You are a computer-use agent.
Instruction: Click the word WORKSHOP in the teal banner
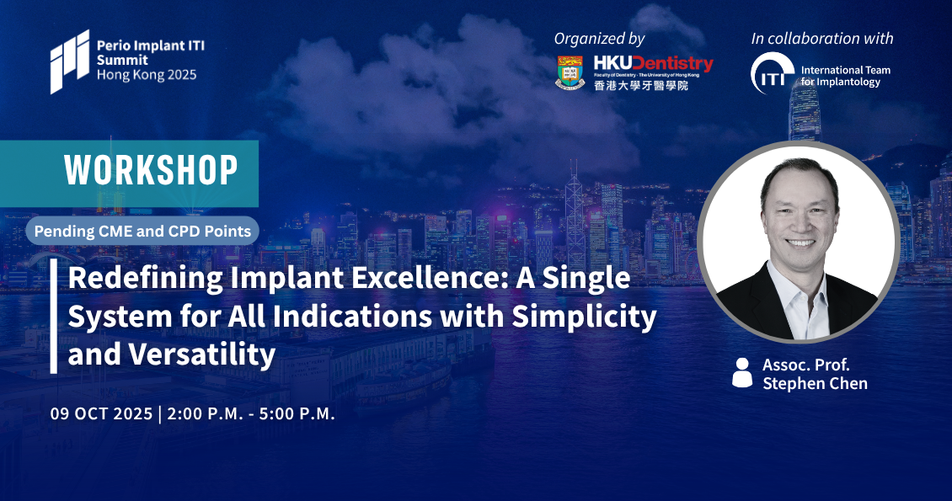151,170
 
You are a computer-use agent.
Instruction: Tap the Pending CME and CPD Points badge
142,231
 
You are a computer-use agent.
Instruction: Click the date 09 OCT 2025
101,413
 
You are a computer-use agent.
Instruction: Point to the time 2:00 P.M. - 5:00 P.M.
251,413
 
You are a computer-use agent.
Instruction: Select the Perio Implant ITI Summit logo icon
70,61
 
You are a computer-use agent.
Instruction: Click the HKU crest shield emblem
570,72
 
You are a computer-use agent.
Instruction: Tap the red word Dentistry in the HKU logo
672,64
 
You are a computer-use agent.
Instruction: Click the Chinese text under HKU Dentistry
641,86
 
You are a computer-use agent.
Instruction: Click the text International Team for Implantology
845,76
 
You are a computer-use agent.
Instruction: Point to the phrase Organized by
599,39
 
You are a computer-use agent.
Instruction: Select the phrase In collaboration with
822,38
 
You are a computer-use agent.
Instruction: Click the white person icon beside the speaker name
742,372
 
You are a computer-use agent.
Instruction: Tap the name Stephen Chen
815,383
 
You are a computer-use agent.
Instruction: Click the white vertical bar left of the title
54,316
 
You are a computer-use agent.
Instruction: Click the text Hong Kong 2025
147,75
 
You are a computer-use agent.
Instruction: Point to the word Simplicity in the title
584,317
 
